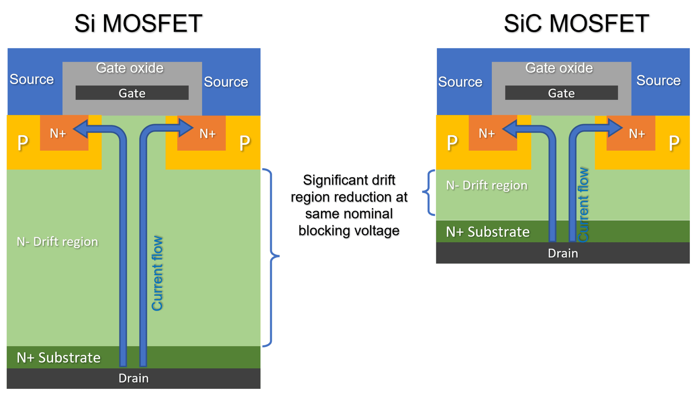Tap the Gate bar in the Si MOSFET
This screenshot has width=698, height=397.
(x=132, y=93)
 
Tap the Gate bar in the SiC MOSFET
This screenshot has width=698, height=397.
(x=561, y=93)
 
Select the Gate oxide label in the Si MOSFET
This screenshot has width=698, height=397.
(x=130, y=68)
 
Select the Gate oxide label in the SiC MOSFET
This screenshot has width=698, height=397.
(x=559, y=68)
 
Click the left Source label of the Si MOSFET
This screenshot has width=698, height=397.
(x=32, y=79)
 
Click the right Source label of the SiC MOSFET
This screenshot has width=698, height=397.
(x=658, y=80)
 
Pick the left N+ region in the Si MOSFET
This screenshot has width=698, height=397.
(x=58, y=134)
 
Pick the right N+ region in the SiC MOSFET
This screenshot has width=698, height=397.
(x=637, y=134)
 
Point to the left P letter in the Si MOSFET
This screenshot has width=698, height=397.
(x=23, y=143)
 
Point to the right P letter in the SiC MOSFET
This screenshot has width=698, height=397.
(x=674, y=143)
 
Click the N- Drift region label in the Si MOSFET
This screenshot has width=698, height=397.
(x=57, y=242)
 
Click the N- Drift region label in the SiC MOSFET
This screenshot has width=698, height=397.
(x=487, y=185)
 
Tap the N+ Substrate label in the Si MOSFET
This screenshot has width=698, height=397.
(x=59, y=358)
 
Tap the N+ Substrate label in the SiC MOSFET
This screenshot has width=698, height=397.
(x=488, y=232)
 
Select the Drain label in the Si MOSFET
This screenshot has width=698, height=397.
(x=133, y=378)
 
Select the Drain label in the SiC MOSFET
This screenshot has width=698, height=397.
(x=563, y=253)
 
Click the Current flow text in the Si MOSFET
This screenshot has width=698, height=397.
(x=157, y=273)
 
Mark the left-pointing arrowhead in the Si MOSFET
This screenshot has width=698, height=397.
(x=80, y=129)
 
